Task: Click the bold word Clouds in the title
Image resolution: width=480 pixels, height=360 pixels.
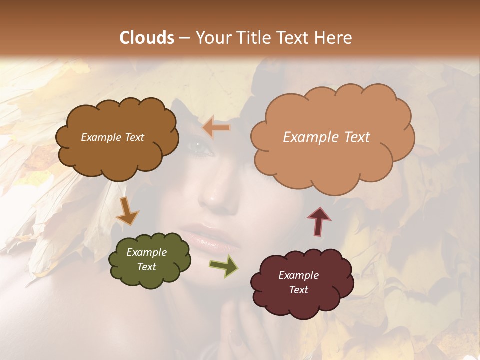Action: pyautogui.click(x=147, y=38)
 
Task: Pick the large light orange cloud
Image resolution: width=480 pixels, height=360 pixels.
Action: pyautogui.click(x=332, y=138)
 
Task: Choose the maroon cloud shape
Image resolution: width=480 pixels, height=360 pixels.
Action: pyautogui.click(x=301, y=282)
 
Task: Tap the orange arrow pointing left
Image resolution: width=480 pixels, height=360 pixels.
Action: pyautogui.click(x=216, y=128)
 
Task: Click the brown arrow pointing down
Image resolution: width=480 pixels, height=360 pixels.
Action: pyautogui.click(x=127, y=211)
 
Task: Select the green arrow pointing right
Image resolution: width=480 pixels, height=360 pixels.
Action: pyautogui.click(x=224, y=265)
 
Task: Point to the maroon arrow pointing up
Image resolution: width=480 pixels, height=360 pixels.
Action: pyautogui.click(x=319, y=221)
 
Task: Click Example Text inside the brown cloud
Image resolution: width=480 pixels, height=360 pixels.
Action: pyautogui.click(x=112, y=137)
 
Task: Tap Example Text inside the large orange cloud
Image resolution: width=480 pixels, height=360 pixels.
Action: pyautogui.click(x=326, y=137)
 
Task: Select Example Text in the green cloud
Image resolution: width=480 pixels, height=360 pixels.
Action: pyautogui.click(x=146, y=260)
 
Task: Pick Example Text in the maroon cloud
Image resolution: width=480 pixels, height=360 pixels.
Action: pyautogui.click(x=298, y=282)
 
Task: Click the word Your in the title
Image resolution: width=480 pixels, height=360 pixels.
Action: pyautogui.click(x=212, y=38)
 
